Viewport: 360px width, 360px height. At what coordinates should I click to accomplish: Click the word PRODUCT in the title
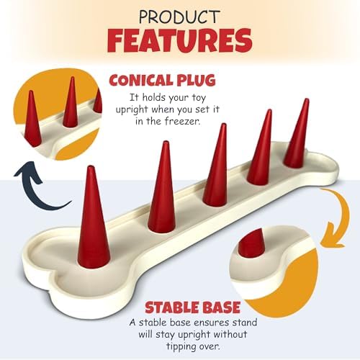179,17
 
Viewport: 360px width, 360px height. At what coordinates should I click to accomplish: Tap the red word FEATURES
180,40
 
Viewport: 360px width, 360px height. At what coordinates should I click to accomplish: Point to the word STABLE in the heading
169,307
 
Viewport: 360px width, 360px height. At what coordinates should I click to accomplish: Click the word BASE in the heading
218,307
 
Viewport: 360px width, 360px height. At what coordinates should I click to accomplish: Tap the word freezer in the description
182,121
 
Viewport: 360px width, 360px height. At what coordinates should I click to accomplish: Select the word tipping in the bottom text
181,347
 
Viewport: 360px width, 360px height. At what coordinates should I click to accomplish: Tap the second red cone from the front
162,187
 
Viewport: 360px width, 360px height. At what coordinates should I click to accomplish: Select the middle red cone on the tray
215,166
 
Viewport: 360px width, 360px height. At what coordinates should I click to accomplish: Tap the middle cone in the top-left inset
71,102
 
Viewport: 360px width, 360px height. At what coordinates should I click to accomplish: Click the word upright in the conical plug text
132,109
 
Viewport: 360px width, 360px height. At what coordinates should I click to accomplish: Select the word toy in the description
199,98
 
